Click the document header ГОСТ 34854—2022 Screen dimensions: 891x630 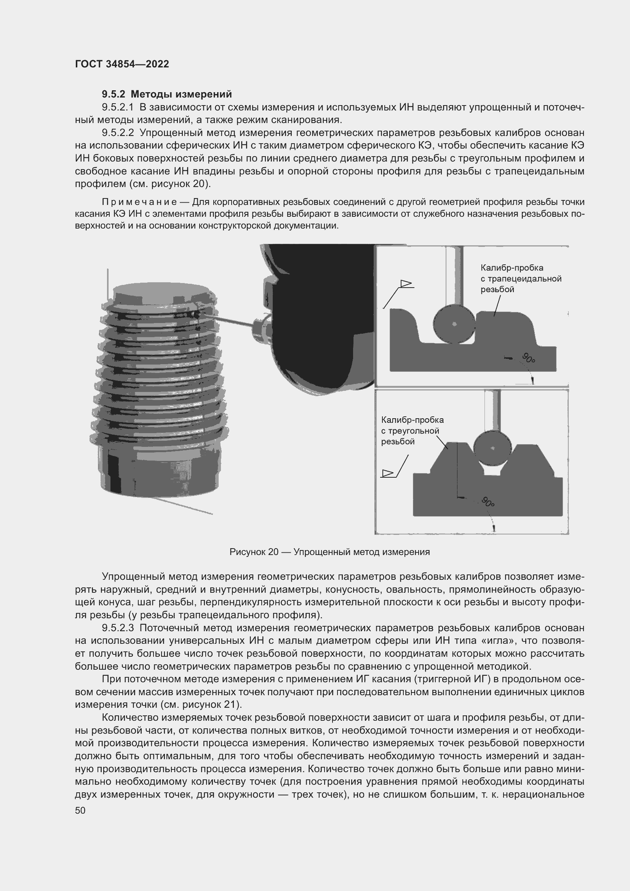point(122,64)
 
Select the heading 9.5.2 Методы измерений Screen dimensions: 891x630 point(167,94)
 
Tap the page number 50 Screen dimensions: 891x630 point(80,810)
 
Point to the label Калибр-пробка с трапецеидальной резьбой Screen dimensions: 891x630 point(521,278)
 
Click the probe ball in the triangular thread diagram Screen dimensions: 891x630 point(492,448)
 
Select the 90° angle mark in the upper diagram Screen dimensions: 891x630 point(528,358)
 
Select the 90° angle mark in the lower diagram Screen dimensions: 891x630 point(488,502)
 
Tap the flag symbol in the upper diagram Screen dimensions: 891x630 point(406,284)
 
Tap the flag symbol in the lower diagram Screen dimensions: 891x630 point(387,473)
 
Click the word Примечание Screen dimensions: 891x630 point(139,202)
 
